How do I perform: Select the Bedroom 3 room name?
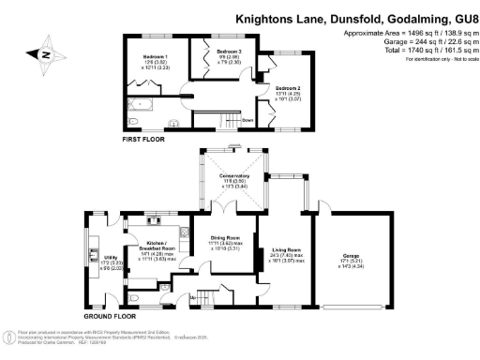(229, 51)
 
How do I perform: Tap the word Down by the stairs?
(247, 120)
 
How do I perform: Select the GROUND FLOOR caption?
(105, 317)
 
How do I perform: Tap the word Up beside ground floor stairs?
(193, 297)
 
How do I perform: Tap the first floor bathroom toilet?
(132, 122)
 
